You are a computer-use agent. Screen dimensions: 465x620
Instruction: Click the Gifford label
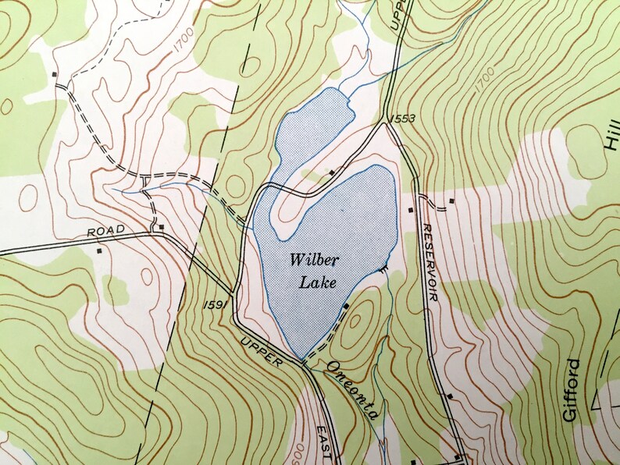click(572, 390)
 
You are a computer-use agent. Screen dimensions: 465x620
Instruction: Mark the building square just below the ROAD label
click(99, 251)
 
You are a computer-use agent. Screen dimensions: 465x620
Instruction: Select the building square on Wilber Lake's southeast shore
click(345, 307)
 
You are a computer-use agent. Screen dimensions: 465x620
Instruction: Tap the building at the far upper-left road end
click(54, 74)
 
